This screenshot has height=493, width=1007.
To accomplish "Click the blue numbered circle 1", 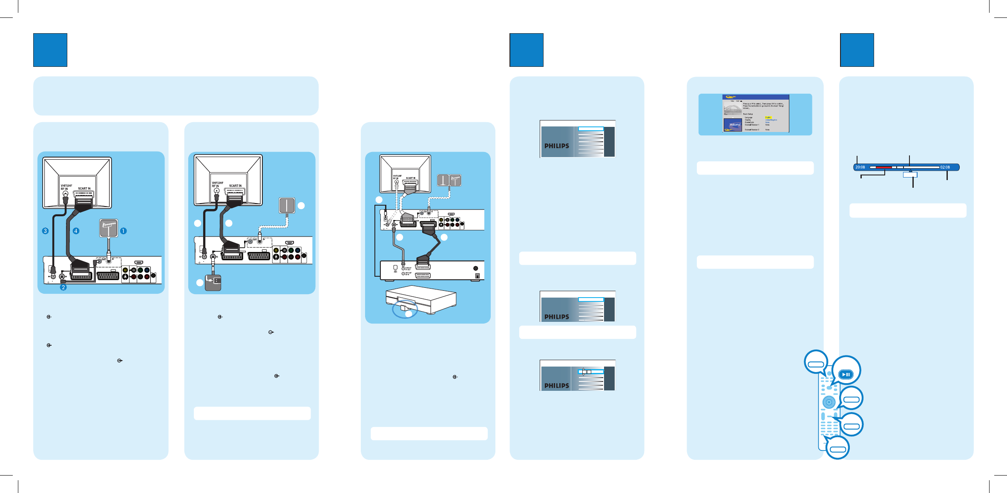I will pyautogui.click(x=123, y=231).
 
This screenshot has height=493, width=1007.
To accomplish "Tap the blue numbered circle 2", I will pyautogui.click(x=63, y=287).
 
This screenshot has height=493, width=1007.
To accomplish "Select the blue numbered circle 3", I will pyautogui.click(x=45, y=231).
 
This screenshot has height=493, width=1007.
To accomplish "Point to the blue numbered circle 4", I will pyautogui.click(x=76, y=231).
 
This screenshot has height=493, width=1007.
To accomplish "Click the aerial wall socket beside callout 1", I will pyautogui.click(x=108, y=228).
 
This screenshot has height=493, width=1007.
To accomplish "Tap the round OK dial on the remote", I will pyautogui.click(x=829, y=402).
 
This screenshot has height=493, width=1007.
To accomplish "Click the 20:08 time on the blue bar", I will pyautogui.click(x=860, y=167).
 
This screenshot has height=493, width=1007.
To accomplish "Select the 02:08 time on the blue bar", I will pyautogui.click(x=945, y=167).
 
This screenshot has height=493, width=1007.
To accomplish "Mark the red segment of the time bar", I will pyautogui.click(x=883, y=167).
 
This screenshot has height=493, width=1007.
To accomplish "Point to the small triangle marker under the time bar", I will pyautogui.click(x=910, y=171).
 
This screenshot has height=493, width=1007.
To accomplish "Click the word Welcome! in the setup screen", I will pyautogui.click(x=735, y=125).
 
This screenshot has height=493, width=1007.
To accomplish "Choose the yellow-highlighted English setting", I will pyautogui.click(x=768, y=118).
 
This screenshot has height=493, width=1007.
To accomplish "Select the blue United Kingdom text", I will pyautogui.click(x=771, y=120).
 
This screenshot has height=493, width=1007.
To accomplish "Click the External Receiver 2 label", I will pyautogui.click(x=752, y=129).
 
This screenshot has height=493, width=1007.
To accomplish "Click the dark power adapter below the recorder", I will pyautogui.click(x=213, y=282).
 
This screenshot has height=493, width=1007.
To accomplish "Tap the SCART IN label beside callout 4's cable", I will pyautogui.click(x=84, y=189).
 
